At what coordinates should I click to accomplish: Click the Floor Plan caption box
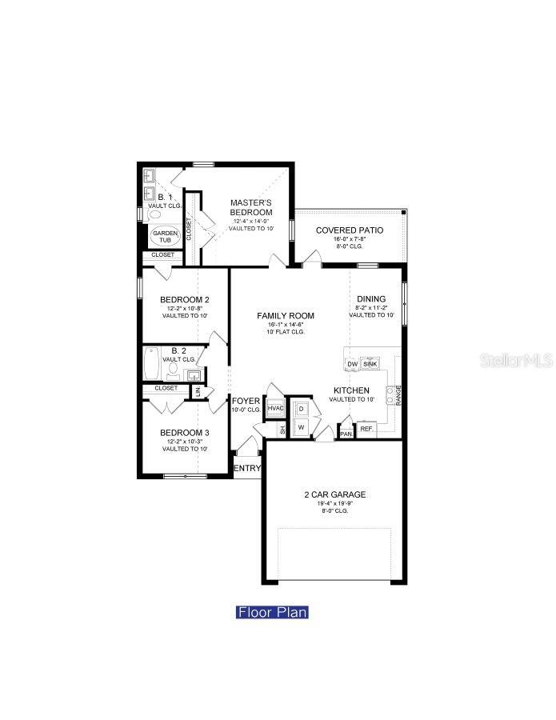pos(272,613)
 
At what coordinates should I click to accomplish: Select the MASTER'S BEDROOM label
pos(251,207)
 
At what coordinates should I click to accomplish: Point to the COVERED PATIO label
pos(349,230)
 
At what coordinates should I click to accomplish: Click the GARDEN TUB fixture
pos(166,237)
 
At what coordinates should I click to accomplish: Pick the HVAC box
pos(275,409)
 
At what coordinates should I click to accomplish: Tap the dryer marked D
pos(302,409)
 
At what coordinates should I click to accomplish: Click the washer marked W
pos(302,427)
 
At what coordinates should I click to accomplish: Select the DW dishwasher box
pos(352,364)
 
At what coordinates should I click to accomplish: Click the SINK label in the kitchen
pos(370,364)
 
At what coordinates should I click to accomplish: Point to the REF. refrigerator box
pos(366,430)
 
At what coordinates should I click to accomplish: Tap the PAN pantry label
pos(346,434)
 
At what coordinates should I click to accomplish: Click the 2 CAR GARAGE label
pos(334,494)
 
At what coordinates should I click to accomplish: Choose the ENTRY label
pos(247,469)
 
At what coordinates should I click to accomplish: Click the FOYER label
pos(246,401)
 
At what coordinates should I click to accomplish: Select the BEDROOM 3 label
pos(185,432)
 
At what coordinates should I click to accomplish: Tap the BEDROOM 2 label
pos(185,299)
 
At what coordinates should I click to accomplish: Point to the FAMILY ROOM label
pos(286,316)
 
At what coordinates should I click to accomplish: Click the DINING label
pos(371,299)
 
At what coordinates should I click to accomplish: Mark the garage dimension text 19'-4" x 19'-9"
pos(334,504)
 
